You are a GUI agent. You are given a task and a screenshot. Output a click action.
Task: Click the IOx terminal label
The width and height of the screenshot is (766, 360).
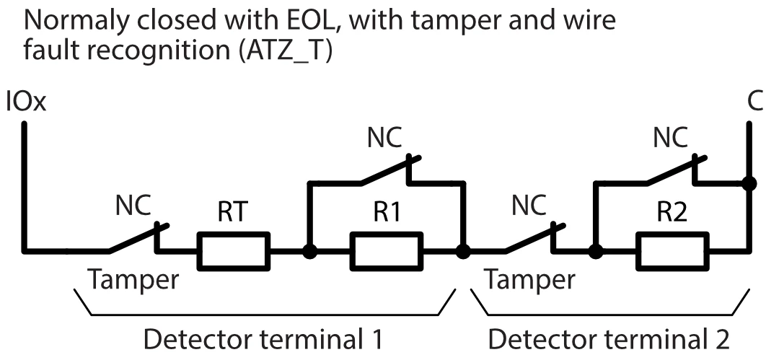tap(25, 101)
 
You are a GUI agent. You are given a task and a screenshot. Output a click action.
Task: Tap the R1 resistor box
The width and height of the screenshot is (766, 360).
tap(386, 252)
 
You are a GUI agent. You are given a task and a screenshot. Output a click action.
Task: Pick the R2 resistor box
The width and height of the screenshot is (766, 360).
tap(670, 252)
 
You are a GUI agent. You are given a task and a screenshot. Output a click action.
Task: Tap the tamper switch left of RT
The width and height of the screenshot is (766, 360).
tap(138, 238)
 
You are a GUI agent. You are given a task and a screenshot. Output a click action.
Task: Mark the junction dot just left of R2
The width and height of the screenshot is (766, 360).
tap(595, 253)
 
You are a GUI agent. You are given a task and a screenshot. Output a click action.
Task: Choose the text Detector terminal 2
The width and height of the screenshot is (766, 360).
tap(610, 339)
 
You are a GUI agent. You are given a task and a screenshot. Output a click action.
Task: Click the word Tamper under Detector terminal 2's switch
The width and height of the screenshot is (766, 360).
tap(530, 280)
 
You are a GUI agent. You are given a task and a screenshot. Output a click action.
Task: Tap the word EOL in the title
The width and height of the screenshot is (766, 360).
tap(292, 21)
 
